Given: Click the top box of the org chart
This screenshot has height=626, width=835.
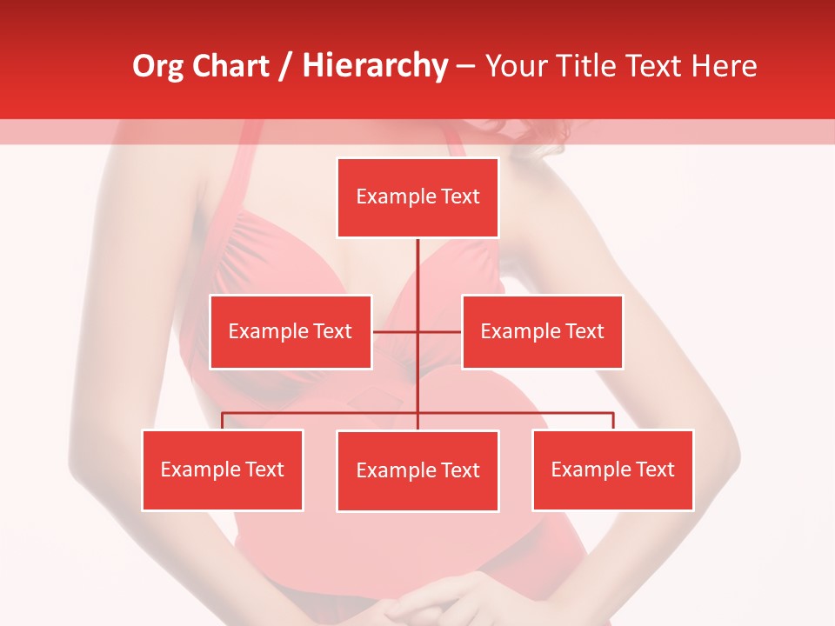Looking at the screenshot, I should [x=417, y=197].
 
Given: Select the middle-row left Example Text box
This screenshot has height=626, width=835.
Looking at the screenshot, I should [x=291, y=331].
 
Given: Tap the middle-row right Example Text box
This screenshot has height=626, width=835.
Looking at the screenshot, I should [x=542, y=331].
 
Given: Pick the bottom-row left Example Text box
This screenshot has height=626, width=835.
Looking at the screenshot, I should [x=223, y=469].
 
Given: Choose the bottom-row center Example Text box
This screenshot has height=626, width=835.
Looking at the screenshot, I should [x=417, y=470].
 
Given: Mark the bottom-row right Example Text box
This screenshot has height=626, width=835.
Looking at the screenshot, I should [x=612, y=469].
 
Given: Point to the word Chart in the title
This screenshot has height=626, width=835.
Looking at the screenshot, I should [x=230, y=66].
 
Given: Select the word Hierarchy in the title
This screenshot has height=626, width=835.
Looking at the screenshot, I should [x=375, y=66].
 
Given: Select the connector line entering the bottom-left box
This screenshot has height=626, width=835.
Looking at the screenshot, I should [x=223, y=421].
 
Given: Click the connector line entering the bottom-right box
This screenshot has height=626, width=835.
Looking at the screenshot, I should [x=613, y=421].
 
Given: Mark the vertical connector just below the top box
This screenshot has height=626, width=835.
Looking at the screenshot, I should [x=417, y=261].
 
